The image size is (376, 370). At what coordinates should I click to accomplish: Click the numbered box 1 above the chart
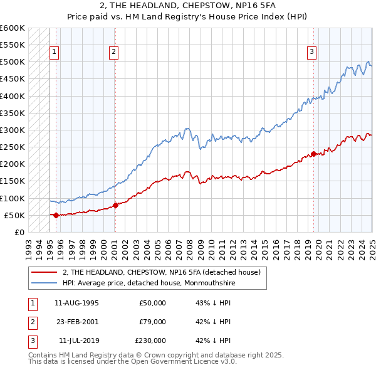coord(55,52)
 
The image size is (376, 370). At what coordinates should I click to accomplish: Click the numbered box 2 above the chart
coord(113,52)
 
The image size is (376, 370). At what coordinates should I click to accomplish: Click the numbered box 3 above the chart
coord(311,52)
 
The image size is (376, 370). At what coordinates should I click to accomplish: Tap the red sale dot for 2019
coord(313,154)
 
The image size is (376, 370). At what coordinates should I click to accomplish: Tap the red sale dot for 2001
coord(116,205)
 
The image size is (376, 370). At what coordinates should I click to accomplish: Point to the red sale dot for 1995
coord(56,215)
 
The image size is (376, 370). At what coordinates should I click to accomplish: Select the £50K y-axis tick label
coord(14,215)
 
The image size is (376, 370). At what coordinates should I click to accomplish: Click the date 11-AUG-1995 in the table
coord(76,303)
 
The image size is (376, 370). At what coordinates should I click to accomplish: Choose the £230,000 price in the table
coord(150,341)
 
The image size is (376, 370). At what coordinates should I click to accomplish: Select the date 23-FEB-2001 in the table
coord(76,322)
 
